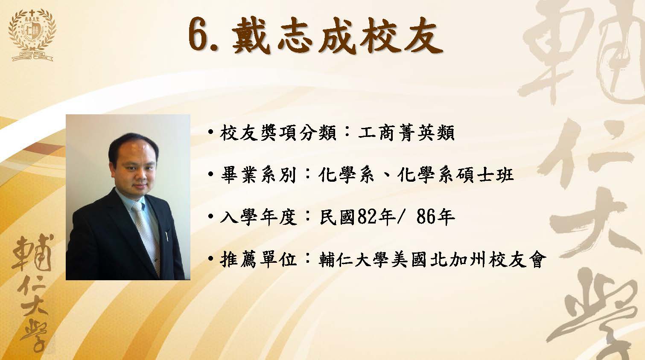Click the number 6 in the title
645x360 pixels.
198,35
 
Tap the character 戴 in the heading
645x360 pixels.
250,35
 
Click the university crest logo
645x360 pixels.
32,35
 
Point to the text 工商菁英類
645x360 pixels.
406,133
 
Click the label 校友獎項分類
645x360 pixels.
278,133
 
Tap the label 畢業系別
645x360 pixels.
258,175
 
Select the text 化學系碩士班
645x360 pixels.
455,175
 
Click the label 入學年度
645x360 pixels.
258,216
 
